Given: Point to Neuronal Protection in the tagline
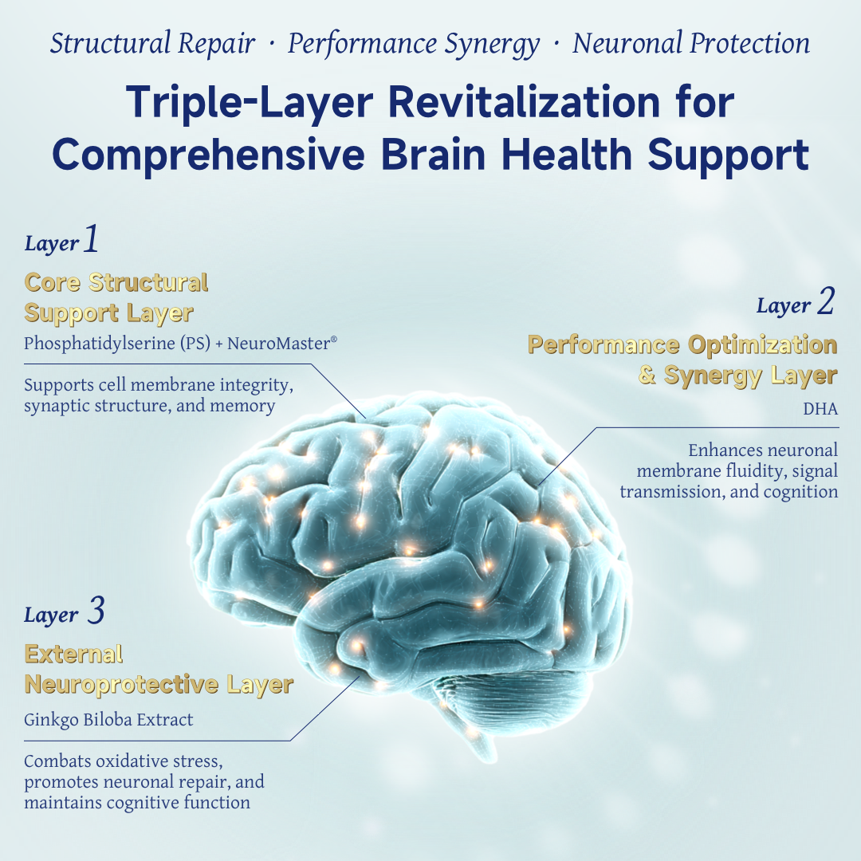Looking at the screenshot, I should [x=690, y=44].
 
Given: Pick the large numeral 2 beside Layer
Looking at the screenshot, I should [x=825, y=302].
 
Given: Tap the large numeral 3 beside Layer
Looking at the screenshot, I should [x=94, y=611].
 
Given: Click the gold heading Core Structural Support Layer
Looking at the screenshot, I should [x=116, y=297].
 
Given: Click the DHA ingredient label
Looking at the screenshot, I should [x=822, y=409].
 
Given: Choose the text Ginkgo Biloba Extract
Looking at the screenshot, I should [x=108, y=720].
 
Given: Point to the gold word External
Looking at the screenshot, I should [x=73, y=655].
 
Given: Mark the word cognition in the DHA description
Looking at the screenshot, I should [x=800, y=492].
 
